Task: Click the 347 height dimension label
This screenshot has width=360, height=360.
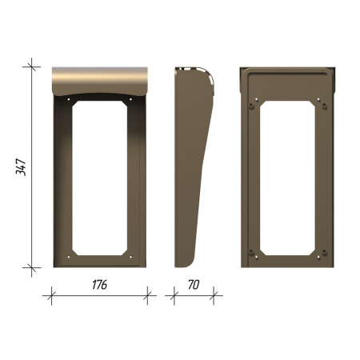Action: coord(21,167)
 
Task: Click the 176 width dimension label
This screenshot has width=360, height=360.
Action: coord(99,285)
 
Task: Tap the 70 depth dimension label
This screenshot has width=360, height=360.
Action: coord(194,285)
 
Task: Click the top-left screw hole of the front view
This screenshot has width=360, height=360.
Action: coord(69,99)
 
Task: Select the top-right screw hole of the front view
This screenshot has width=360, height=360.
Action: coord(130,99)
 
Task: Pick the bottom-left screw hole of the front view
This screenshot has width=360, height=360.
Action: coord(69,257)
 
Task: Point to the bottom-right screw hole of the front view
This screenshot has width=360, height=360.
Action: coord(130,257)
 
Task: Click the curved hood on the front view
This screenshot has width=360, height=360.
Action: coord(99,81)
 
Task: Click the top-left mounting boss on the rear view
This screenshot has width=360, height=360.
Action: coord(250,106)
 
